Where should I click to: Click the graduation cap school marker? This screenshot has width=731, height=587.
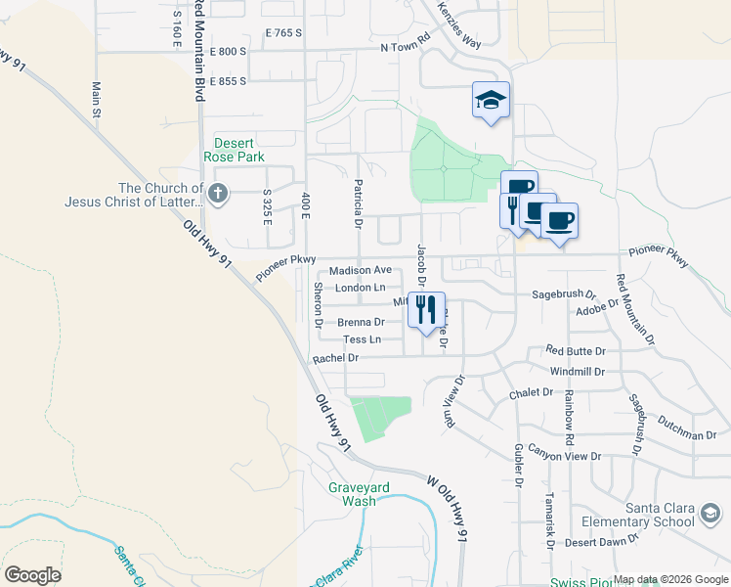492,100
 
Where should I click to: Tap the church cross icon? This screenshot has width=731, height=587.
218,195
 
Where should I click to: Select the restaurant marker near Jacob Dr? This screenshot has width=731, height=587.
426,311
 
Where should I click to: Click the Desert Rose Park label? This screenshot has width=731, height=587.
234,149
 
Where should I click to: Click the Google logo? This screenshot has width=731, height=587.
33,575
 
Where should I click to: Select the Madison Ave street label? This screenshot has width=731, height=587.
360,270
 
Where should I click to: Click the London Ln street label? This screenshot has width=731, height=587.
360,288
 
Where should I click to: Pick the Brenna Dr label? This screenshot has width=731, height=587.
360,322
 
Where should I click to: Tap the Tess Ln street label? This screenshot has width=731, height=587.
362,339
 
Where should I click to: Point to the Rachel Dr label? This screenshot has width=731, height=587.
336,359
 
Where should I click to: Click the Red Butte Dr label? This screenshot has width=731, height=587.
576,350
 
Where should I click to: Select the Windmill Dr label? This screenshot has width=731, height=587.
578,372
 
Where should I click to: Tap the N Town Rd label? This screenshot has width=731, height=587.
406,45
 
